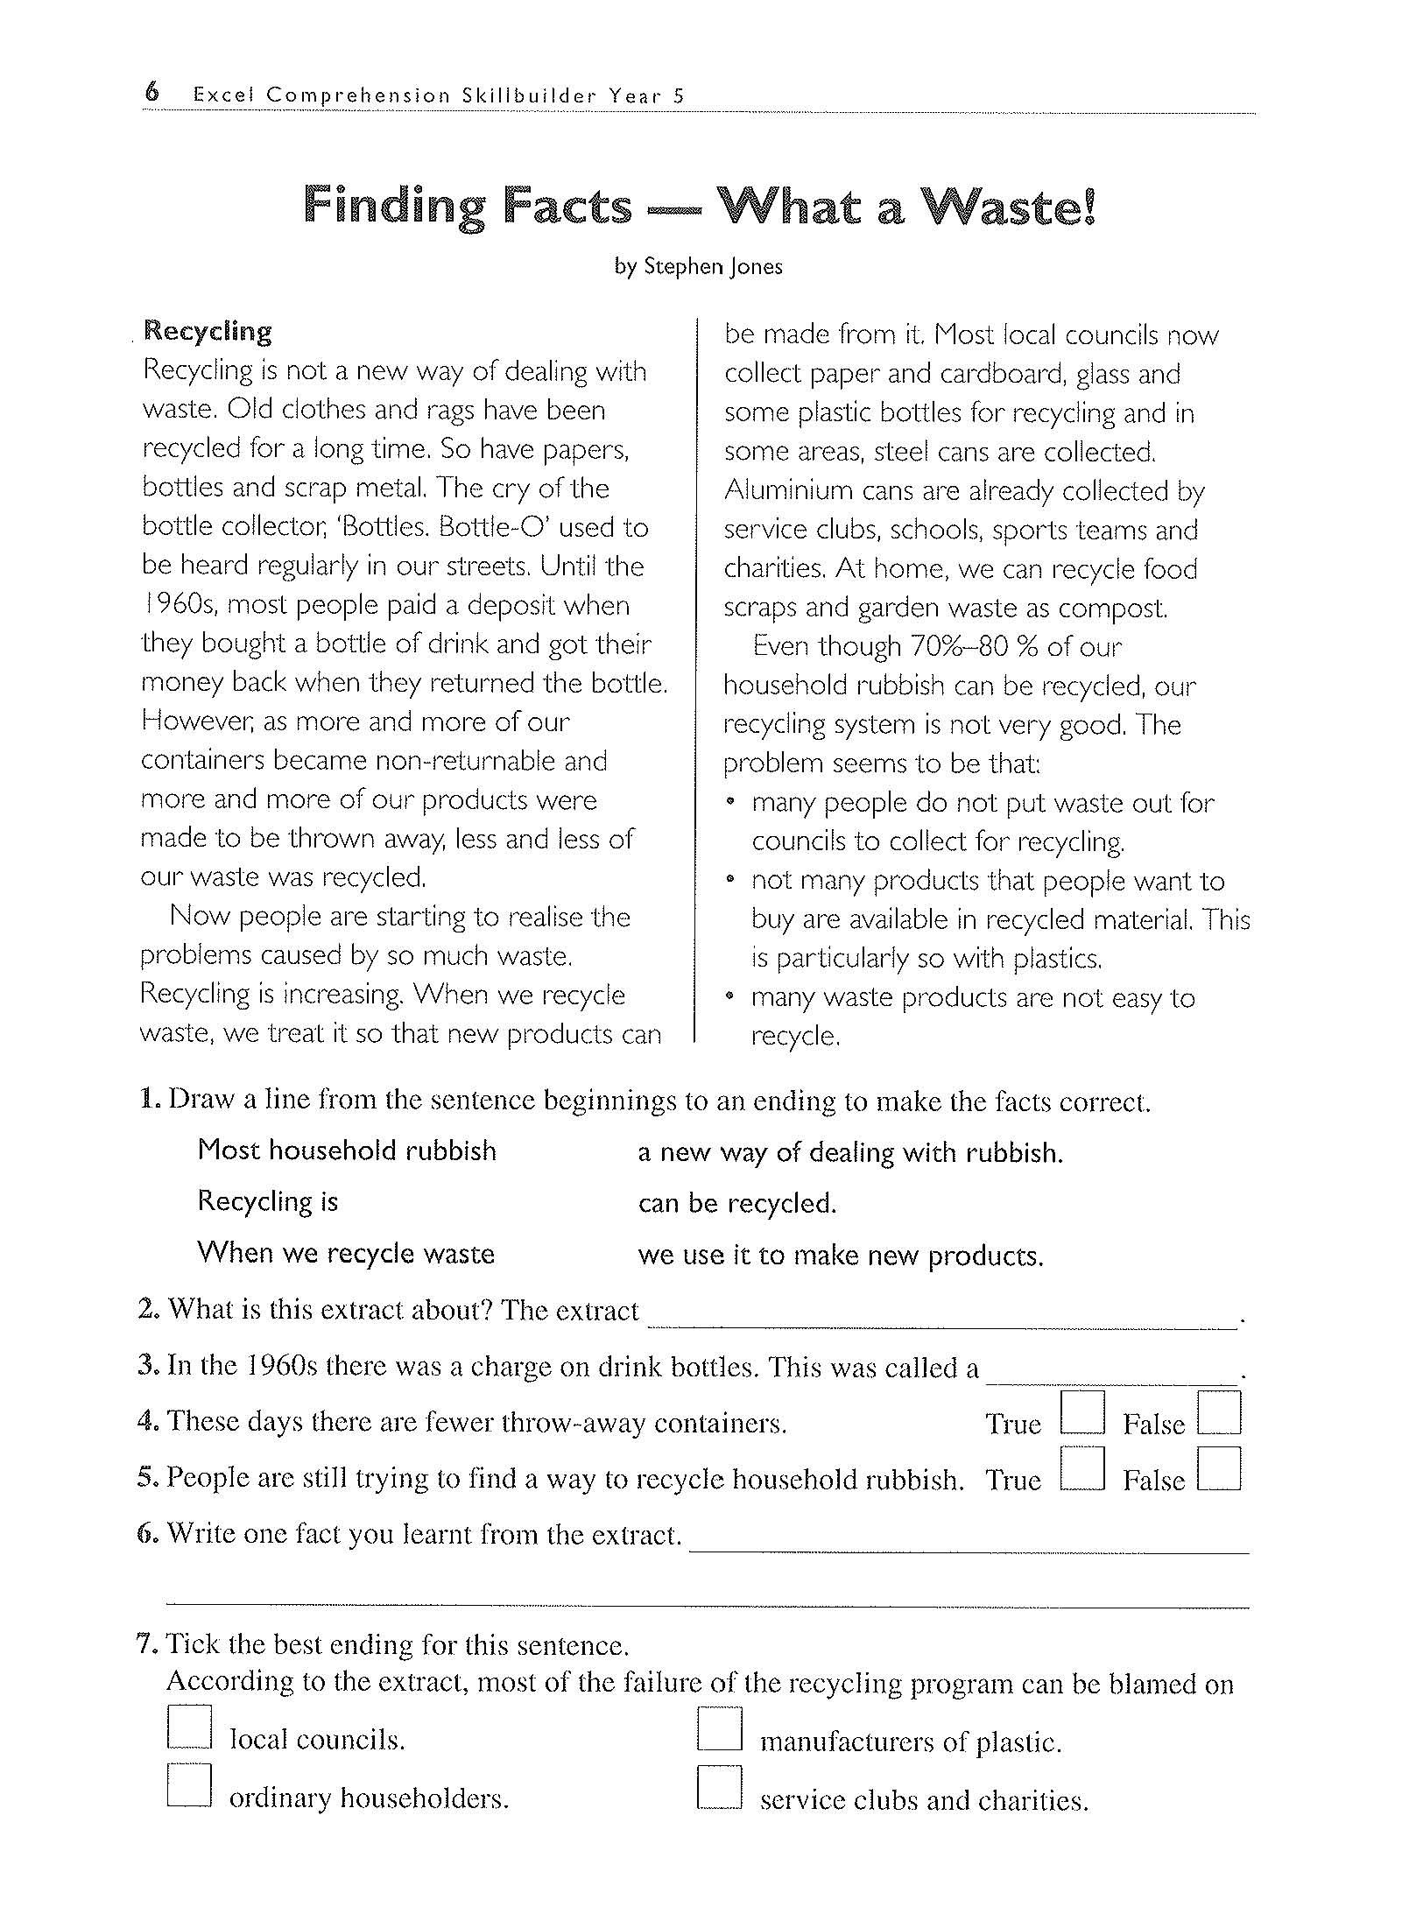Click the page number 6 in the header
[152, 92]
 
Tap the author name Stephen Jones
[712, 266]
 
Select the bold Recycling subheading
[208, 331]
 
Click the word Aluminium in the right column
[787, 491]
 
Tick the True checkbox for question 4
[1081, 1412]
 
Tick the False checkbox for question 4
[1219, 1412]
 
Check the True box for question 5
[1081, 1468]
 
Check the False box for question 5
[1219, 1468]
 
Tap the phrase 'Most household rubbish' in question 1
[347, 1150]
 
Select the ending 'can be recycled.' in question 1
[737, 1204]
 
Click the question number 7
[146, 1644]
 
